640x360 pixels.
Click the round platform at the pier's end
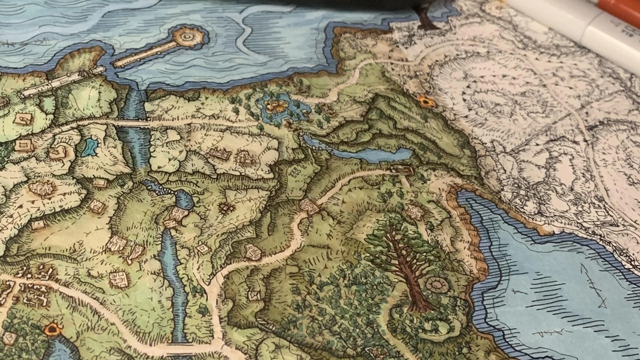click(x=189, y=36)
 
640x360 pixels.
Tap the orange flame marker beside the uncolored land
click(x=426, y=101)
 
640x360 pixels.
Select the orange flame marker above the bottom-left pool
click(x=52, y=329)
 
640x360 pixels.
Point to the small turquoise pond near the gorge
click(x=90, y=147)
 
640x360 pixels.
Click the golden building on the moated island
click(x=276, y=105)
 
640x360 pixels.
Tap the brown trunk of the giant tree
click(x=407, y=270)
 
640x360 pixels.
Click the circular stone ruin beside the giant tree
click(x=437, y=286)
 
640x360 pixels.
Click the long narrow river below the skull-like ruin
click(x=172, y=280)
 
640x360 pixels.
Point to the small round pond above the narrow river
click(x=183, y=200)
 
